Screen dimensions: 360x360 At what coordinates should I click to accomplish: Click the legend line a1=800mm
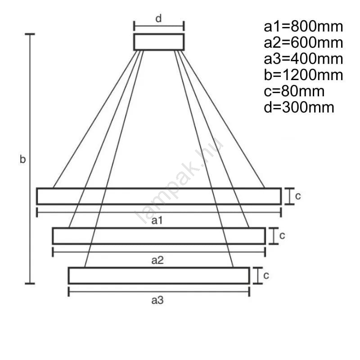pos(303,27)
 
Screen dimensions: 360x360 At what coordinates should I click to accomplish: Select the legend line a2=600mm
pos(303,43)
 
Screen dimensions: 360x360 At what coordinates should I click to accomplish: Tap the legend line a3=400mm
pos(303,59)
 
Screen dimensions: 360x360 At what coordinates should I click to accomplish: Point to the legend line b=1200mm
pos(303,75)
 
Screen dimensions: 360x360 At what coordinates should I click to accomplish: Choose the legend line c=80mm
pos(294,91)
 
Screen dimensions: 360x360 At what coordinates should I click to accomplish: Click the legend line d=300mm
pos(299,108)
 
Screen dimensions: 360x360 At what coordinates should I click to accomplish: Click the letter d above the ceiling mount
pos(159,18)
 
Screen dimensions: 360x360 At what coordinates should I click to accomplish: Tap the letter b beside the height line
pos(22,159)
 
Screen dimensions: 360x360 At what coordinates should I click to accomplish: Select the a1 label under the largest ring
pos(157,220)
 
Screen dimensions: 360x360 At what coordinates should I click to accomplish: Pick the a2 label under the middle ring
pos(157,261)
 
